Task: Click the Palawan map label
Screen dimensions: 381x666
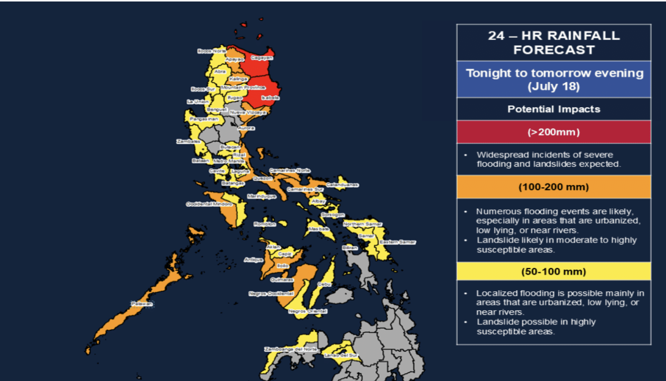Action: pos(142,304)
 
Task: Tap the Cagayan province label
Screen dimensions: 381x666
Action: pos(262,58)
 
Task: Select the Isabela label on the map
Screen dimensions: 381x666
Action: pos(270,98)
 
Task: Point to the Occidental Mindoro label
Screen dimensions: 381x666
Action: pos(209,204)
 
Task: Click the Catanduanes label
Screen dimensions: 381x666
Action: pos(342,185)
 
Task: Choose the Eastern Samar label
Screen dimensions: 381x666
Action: pos(397,242)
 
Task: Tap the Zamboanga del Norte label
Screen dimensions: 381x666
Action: pos(291,349)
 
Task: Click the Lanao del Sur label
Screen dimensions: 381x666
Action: pos(341,355)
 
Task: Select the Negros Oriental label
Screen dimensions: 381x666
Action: pos(308,311)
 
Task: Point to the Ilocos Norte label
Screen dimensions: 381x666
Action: pos(212,51)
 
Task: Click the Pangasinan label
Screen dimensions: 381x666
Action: pos(204,119)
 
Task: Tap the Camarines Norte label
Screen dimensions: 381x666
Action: pos(290,170)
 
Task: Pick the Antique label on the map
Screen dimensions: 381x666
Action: pos(253,260)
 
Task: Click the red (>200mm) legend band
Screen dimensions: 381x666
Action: pos(554,132)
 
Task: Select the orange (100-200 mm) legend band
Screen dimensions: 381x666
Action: pos(554,187)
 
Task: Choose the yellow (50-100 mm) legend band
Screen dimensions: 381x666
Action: pos(554,271)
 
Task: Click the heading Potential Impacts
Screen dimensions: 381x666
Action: pos(554,109)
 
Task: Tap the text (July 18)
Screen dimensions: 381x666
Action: pos(554,86)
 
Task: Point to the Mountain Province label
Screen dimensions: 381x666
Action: pos(243,87)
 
